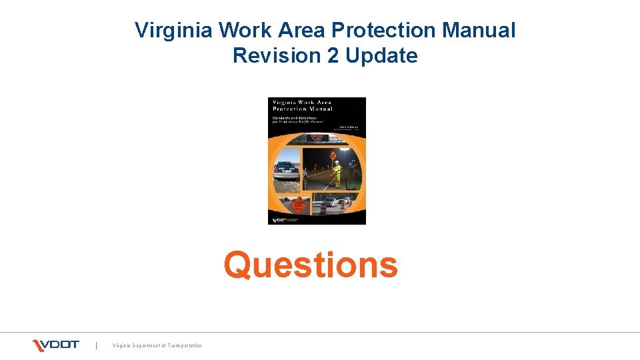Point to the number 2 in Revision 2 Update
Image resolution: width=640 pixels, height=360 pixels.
333,55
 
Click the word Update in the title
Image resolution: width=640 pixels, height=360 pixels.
381,55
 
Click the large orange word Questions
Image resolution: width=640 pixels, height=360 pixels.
311,265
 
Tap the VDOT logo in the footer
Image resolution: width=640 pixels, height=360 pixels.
56,345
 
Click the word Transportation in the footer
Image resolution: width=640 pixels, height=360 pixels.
181,345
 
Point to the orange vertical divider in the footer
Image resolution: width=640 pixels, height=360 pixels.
97,345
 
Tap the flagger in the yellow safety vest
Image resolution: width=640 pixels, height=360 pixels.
337,172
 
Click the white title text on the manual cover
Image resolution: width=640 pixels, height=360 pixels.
301,105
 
